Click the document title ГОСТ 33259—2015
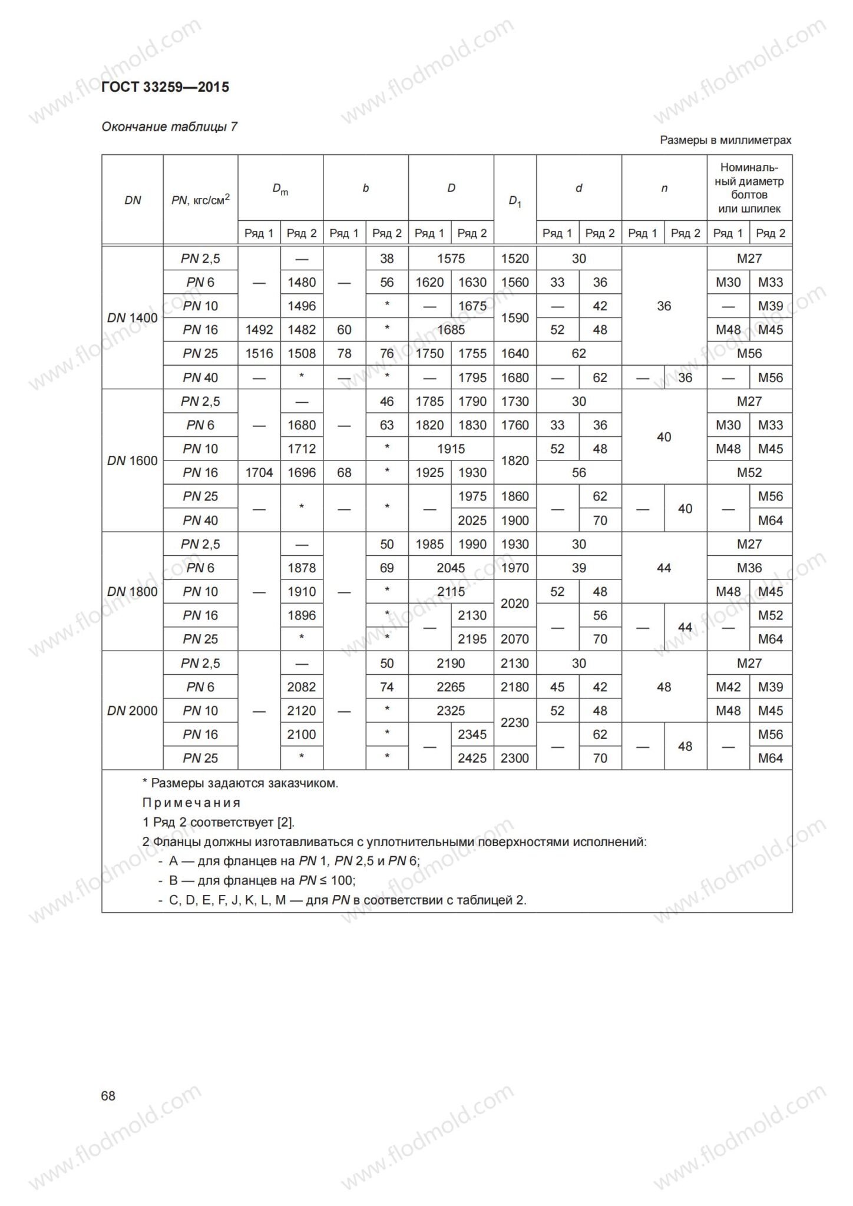click(x=166, y=88)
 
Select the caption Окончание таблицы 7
click(x=170, y=127)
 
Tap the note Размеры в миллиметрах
click(x=725, y=140)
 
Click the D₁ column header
click(x=515, y=201)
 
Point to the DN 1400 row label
click(x=133, y=318)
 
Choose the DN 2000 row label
click(x=133, y=711)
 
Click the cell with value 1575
click(x=451, y=259)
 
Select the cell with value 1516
click(x=259, y=353)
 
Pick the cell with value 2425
click(x=472, y=758)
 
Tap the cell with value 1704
click(x=259, y=472)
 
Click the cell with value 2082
click(x=302, y=687)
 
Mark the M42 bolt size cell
click(x=728, y=687)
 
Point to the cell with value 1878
click(x=302, y=568)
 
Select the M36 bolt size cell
click(x=749, y=568)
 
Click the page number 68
click(x=108, y=1095)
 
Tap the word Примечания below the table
click(x=191, y=803)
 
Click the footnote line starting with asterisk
click(x=240, y=783)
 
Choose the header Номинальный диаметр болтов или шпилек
click(x=749, y=188)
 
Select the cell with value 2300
click(x=515, y=758)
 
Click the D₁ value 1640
click(x=515, y=353)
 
